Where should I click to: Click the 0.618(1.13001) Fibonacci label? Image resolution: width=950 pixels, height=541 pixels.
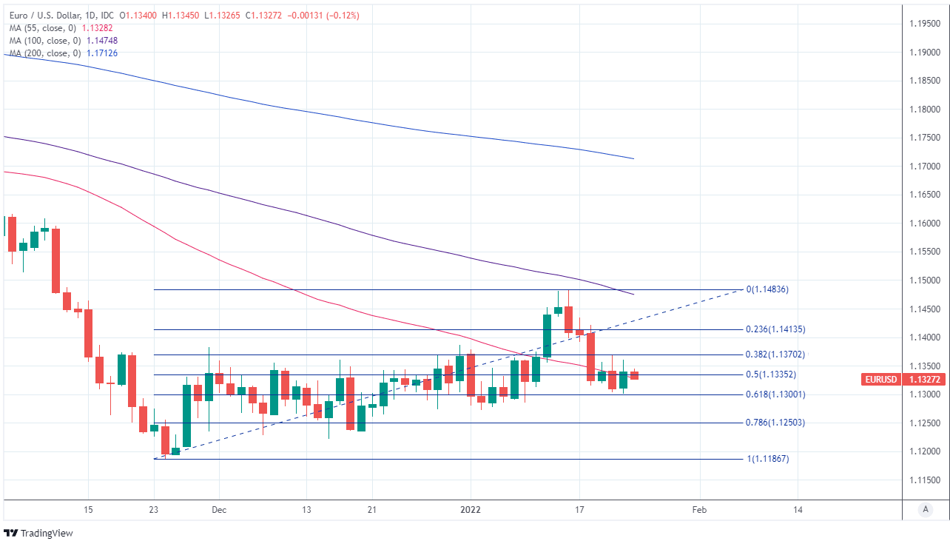click(x=775, y=394)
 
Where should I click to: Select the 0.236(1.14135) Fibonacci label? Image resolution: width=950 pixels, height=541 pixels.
click(x=775, y=329)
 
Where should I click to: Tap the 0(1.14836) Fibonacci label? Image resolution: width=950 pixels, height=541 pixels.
click(x=767, y=289)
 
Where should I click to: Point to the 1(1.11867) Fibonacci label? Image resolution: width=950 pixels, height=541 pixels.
click(x=767, y=459)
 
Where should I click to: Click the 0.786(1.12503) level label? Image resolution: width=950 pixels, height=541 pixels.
click(x=775, y=423)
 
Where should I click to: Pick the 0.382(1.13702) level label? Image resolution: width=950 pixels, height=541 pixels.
click(x=775, y=354)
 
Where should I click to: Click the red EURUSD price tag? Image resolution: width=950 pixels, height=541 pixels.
click(x=881, y=380)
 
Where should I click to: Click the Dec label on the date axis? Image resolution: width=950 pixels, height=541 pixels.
click(x=218, y=510)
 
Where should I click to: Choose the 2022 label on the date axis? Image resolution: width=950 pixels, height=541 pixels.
click(x=471, y=510)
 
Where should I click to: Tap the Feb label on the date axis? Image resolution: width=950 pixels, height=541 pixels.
click(x=699, y=510)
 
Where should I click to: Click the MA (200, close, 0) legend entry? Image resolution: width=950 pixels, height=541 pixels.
click(x=44, y=53)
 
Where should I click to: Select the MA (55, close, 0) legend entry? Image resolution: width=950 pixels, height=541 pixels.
click(x=42, y=28)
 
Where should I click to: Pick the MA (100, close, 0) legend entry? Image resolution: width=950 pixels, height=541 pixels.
click(x=44, y=41)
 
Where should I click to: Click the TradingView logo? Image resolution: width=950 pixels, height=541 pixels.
click(x=38, y=533)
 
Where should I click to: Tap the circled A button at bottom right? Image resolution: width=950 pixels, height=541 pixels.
click(x=925, y=509)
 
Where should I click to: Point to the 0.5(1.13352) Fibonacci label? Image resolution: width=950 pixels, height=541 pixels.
click(x=772, y=374)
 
